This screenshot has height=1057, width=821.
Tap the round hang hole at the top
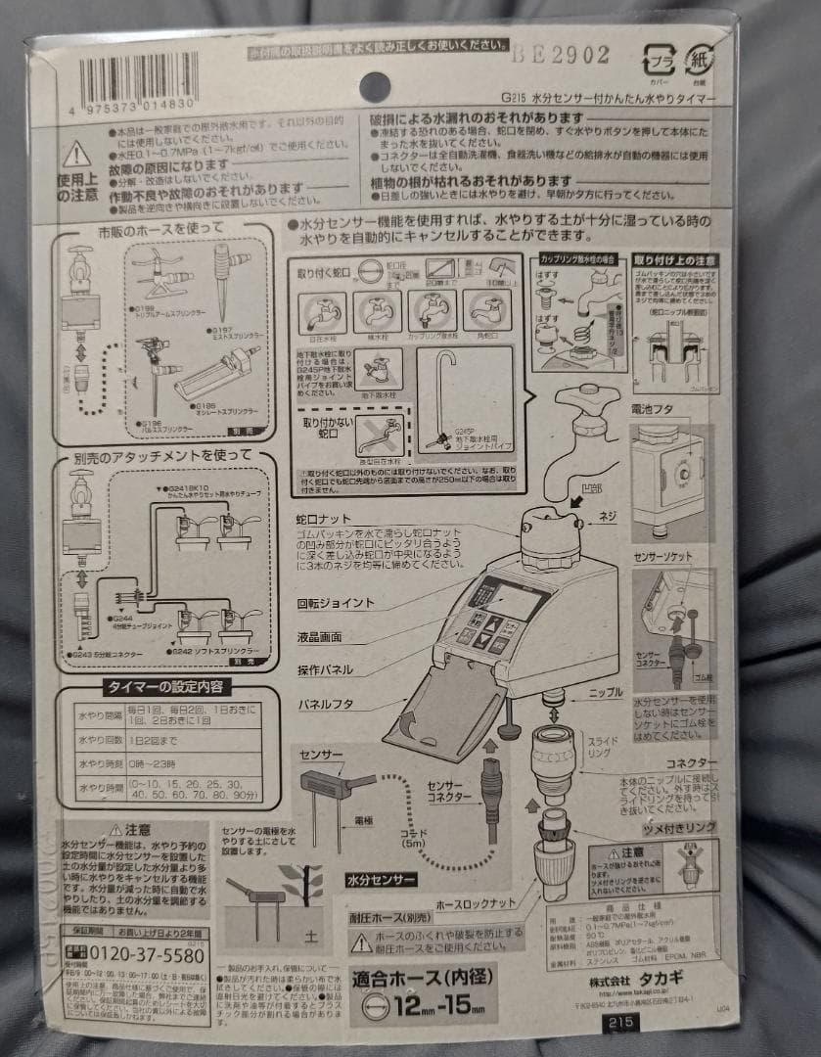tap(375, 86)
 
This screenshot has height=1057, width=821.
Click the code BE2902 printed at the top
tap(559, 56)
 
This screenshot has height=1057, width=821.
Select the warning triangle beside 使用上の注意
tap(75, 154)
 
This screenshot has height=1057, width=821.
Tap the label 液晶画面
tap(319, 636)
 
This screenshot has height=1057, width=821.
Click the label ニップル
tap(603, 692)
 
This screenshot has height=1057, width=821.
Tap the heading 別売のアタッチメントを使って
tap(162, 456)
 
